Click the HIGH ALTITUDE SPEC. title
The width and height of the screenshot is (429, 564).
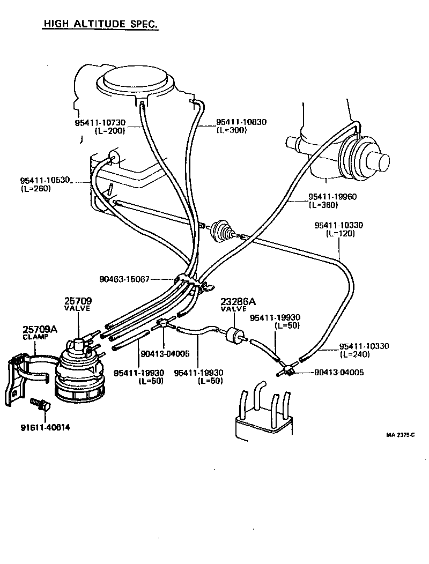[x=100, y=25]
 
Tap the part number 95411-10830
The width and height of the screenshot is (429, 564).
[x=241, y=122]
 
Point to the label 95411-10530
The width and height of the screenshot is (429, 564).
[x=45, y=180]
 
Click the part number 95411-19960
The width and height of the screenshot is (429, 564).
[x=332, y=197]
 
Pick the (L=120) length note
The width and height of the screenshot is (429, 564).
[x=341, y=234]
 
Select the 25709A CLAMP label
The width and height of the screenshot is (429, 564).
[x=40, y=333]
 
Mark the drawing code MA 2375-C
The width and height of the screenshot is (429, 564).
[x=400, y=435]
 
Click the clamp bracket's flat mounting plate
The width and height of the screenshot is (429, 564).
[x=12, y=382]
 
